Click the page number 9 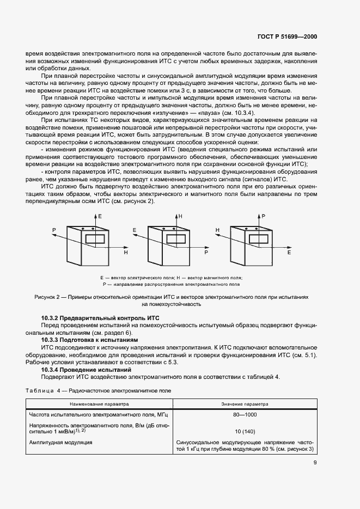pyautogui.click(x=315, y=463)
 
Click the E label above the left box pyautogui.click(x=100, y=217)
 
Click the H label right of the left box pyautogui.click(x=126, y=253)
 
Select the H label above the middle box pyautogui.click(x=180, y=217)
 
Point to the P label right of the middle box pyautogui.click(x=206, y=253)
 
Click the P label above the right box pyautogui.click(x=264, y=217)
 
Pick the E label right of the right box pyautogui.click(x=289, y=253)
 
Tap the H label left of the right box pyautogui.click(x=217, y=230)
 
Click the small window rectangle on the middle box pyautogui.click(x=175, y=238)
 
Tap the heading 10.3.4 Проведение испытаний pyautogui.click(x=86, y=370)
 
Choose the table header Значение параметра pyautogui.click(x=245, y=404)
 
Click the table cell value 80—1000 pyautogui.click(x=245, y=415)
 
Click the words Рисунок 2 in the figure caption pyautogui.click(x=48, y=297)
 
